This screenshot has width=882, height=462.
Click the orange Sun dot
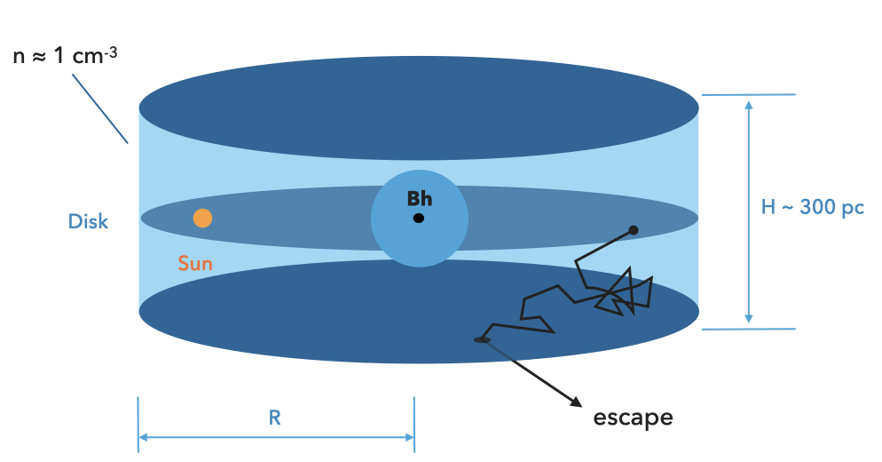coord(202,218)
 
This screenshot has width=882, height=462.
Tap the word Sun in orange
coord(195,263)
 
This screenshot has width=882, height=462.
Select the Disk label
coord(89,221)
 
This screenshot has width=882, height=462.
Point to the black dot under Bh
coord(419,218)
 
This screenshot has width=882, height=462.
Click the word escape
coord(633,417)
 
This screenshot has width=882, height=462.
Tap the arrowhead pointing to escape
coord(575,400)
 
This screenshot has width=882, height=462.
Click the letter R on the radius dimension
coord(275,418)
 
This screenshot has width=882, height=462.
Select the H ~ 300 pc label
coord(813,208)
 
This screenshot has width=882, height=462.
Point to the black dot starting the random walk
coord(634,230)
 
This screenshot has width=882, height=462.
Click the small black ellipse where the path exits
coord(482,339)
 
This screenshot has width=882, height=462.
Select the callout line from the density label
coord(99,108)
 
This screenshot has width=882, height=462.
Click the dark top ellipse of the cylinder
coord(418,108)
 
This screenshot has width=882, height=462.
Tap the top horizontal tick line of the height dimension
coord(749,95)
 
